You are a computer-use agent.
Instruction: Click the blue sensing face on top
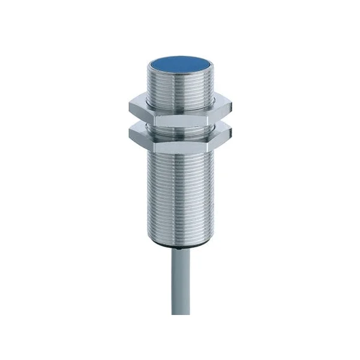click(x=179, y=62)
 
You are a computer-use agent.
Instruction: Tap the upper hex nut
click(x=180, y=110)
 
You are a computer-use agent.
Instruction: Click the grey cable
click(x=181, y=288)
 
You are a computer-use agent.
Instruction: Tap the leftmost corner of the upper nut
click(x=127, y=108)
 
